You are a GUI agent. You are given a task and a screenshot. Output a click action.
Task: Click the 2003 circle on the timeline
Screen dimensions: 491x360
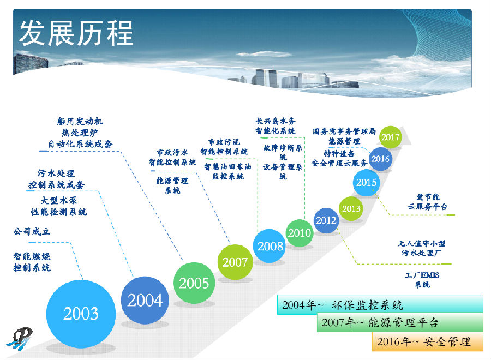click(81, 313)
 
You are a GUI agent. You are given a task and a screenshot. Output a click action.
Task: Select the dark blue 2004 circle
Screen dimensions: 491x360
click(145, 300)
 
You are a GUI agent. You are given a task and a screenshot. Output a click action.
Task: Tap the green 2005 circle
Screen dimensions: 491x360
click(194, 283)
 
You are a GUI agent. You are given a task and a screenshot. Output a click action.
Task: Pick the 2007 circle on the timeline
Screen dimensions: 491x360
click(235, 262)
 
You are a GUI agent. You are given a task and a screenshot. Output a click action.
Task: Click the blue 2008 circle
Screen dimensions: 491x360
click(270, 246)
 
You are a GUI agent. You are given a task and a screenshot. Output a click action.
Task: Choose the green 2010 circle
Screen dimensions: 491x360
click(300, 233)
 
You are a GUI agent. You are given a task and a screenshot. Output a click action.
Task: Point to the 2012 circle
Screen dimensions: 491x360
click(326, 220)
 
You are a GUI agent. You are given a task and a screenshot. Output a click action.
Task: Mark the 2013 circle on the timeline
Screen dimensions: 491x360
click(351, 208)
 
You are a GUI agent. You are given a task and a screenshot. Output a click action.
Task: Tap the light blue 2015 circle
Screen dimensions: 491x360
click(366, 183)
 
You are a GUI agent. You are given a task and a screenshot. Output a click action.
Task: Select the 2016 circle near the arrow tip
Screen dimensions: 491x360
click(380, 159)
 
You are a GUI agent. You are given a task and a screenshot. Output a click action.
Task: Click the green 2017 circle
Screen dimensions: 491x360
click(390, 137)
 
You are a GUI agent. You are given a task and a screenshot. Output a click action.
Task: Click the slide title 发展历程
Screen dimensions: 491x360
click(76, 33)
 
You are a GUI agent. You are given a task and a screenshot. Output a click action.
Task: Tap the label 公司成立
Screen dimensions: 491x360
click(32, 232)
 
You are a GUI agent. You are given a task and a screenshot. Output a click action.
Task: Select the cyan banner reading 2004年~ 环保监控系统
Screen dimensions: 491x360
click(380, 304)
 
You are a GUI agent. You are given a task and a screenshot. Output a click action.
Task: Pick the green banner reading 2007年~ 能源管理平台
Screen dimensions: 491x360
click(400, 323)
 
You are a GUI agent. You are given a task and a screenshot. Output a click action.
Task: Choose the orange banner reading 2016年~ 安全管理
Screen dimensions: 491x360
click(427, 341)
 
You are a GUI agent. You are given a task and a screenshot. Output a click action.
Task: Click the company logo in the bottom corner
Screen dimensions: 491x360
click(20, 339)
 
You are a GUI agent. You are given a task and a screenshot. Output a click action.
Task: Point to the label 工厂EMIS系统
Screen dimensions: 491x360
click(422, 280)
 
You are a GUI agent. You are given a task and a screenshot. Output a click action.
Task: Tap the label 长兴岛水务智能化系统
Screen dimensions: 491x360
click(276, 126)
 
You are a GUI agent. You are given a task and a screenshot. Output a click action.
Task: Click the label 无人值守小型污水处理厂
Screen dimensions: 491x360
click(422, 248)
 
